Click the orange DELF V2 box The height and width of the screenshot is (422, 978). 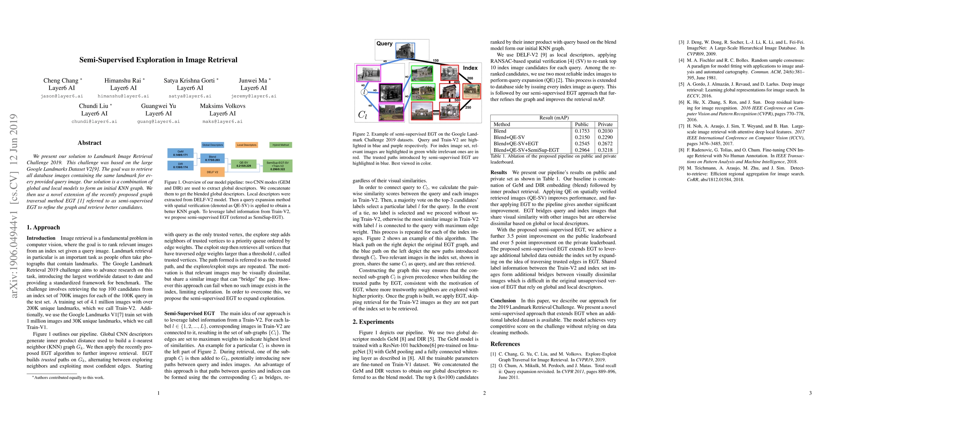coord(212,172)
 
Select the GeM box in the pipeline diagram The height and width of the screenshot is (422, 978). coord(180,153)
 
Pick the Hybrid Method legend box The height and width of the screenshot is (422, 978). coord(281,145)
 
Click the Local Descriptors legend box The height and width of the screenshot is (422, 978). coord(247,145)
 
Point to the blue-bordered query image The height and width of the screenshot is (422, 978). coord(405,51)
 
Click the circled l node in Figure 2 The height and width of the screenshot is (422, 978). coord(364,92)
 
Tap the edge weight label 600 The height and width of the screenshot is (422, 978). coord(436,114)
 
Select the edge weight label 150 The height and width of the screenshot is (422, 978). coord(435,60)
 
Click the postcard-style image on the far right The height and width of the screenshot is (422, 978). coord(472,91)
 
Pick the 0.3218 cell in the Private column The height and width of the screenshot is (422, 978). coord(605,150)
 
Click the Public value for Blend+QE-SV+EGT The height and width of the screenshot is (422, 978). coord(582,143)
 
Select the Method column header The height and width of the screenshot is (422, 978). coord(501,124)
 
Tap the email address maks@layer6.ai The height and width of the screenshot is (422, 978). coord(223,121)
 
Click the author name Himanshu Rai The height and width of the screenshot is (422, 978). coord(123,81)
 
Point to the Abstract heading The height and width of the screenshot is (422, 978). coord(89,143)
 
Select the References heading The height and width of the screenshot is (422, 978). coord(505,344)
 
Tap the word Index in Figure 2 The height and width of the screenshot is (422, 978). coord(470,68)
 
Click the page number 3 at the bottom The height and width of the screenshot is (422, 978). coord(810,393)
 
